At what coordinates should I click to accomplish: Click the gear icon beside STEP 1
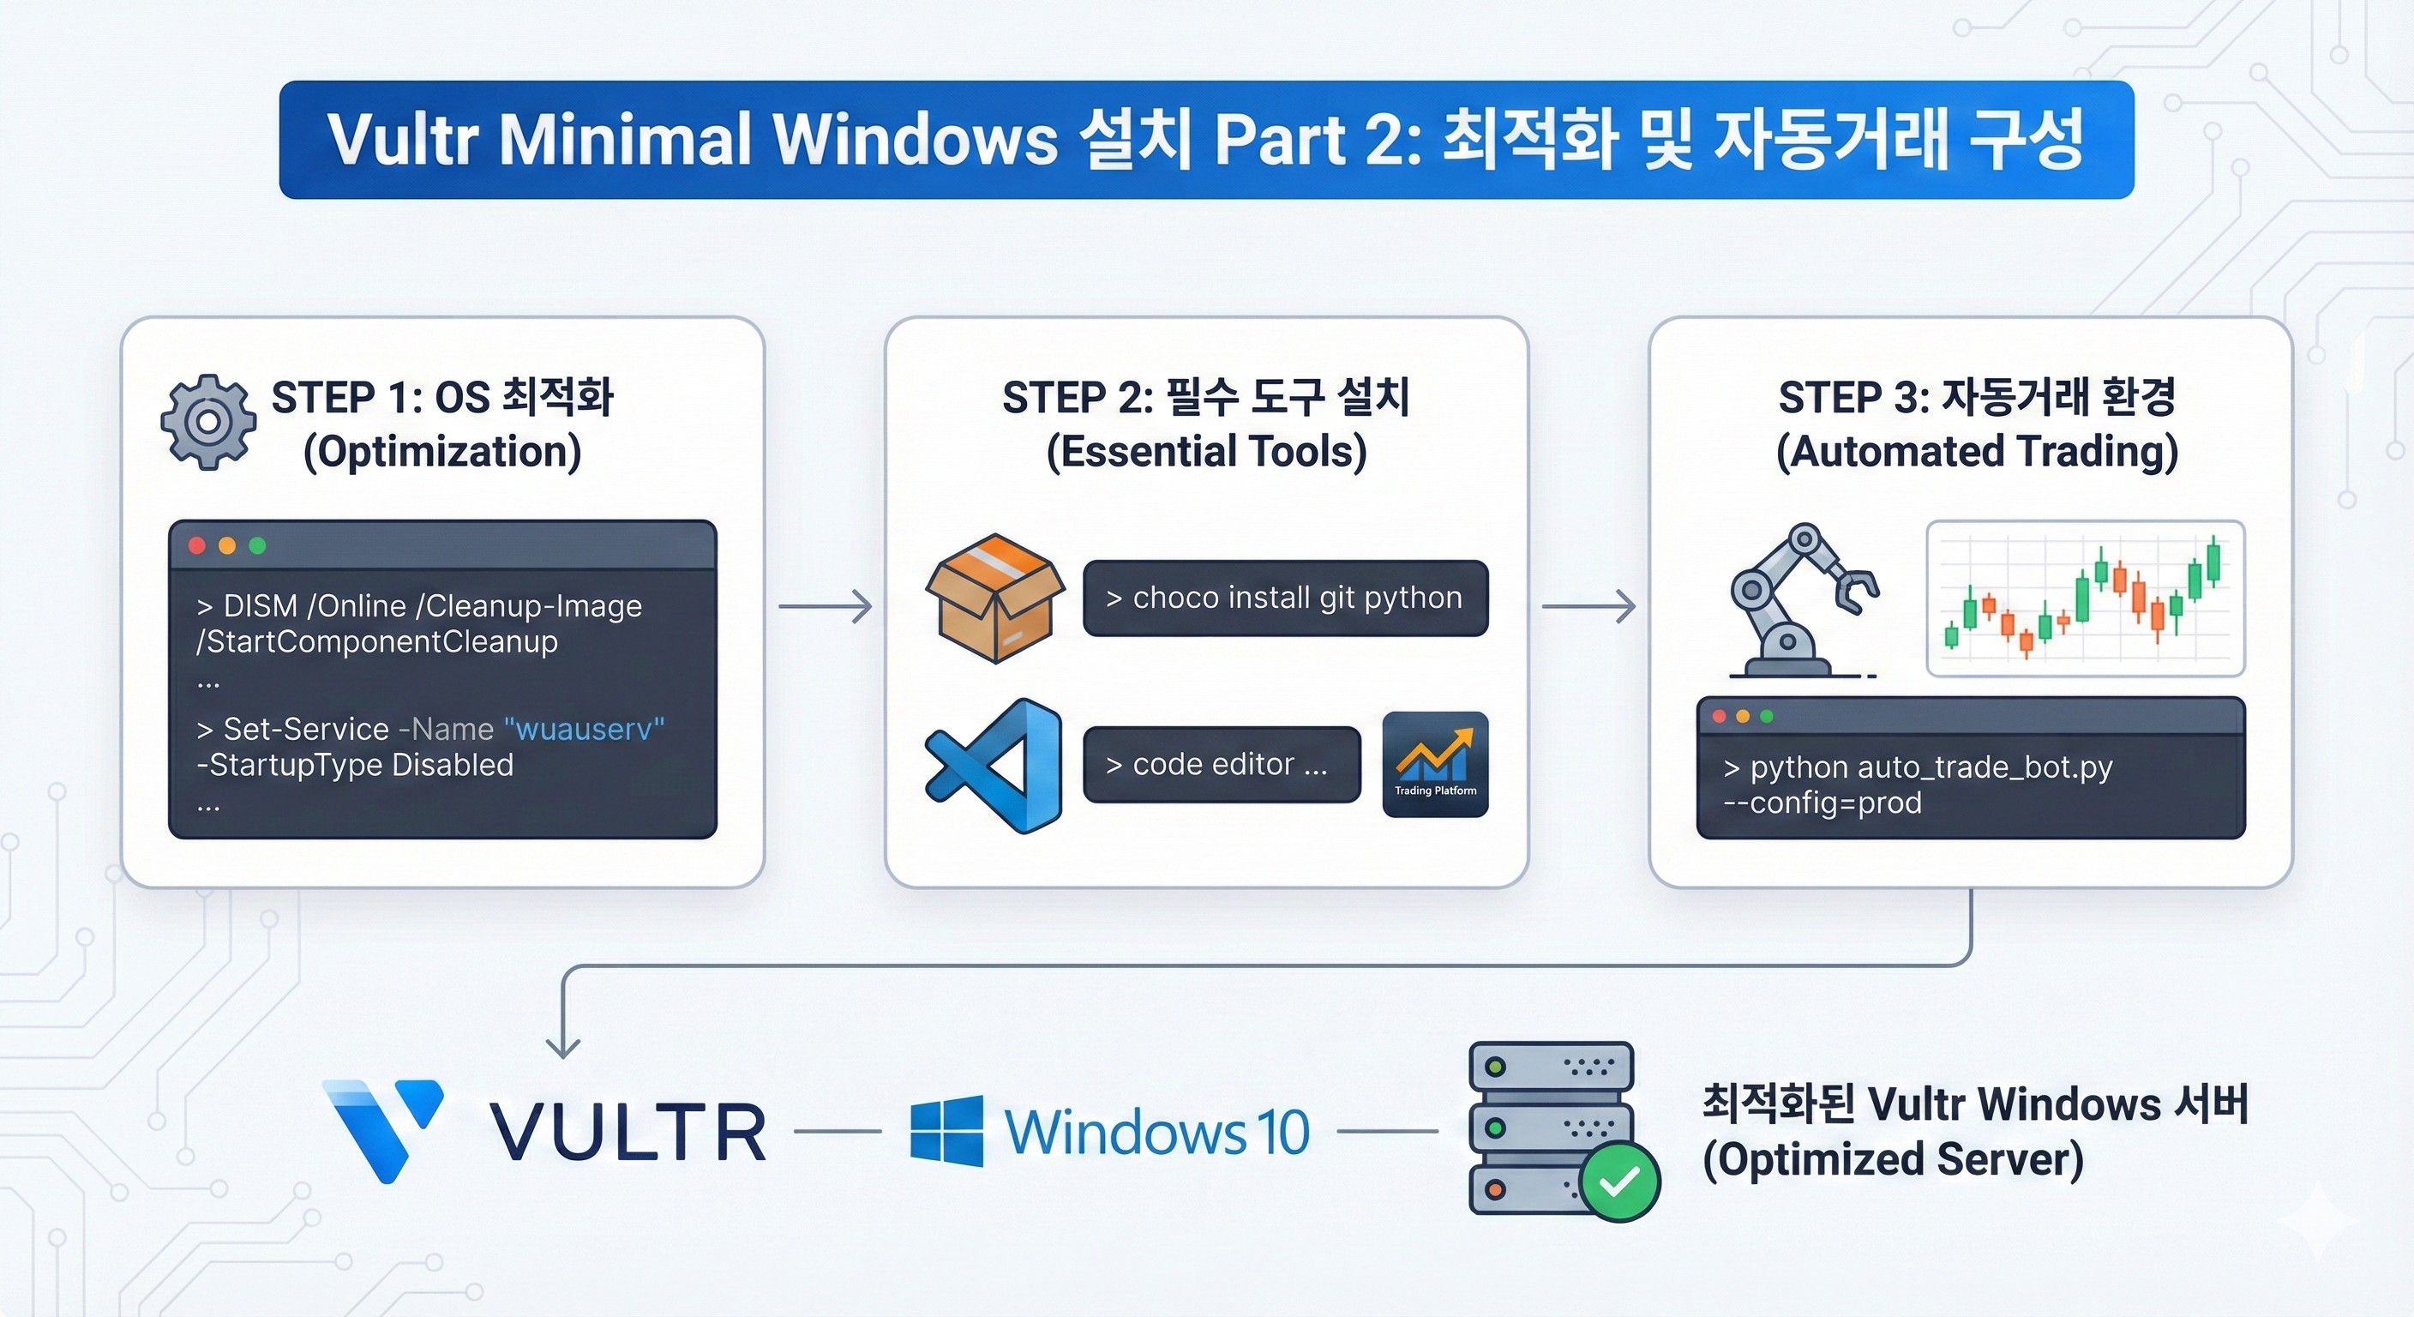coord(208,422)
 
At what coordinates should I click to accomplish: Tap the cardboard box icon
coord(994,598)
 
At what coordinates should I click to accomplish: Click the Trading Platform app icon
coord(1435,764)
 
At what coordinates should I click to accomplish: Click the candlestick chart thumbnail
coord(2085,598)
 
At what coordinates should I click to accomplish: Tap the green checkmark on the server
coord(1618,1181)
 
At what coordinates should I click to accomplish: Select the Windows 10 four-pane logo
coord(946,1130)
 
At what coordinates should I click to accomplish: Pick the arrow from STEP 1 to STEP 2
coord(825,606)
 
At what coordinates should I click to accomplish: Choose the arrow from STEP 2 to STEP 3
coord(1588,606)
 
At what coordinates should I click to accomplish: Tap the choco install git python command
coord(1285,598)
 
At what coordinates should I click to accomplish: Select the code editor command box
coord(1221,765)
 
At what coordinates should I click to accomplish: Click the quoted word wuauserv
coord(584,730)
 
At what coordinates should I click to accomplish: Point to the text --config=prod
coord(1822,803)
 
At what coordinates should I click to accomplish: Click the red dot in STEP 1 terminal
coord(197,545)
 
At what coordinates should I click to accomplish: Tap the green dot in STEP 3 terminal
coord(1767,716)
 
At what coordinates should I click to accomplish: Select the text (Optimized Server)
coord(1892,1160)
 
